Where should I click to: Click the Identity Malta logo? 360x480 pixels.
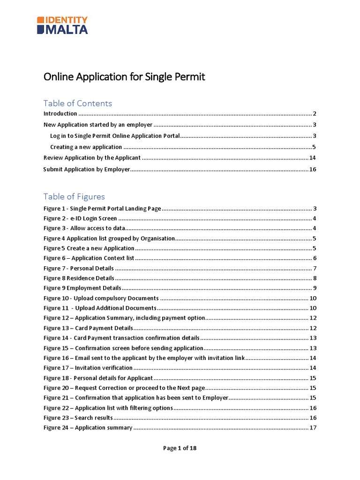62,25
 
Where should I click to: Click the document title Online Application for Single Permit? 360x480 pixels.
124,76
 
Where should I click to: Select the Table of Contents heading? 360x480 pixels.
77,103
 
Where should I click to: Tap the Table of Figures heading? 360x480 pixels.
74,196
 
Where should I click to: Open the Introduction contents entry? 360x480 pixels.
60,114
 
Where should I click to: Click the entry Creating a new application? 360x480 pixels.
86,147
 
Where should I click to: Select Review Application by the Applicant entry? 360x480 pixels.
92,158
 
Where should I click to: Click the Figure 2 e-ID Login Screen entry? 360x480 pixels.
80,218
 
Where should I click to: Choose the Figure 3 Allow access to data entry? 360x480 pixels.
84,228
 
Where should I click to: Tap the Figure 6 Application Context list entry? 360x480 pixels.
89,258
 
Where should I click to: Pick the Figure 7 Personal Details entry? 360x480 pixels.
78,268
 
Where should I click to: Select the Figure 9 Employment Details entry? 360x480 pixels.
82,288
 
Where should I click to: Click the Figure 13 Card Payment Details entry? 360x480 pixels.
88,328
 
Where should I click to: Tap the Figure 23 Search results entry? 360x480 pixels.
78,418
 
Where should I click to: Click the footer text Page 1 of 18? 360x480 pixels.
180,448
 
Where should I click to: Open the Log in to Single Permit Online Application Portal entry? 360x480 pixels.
115,136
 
